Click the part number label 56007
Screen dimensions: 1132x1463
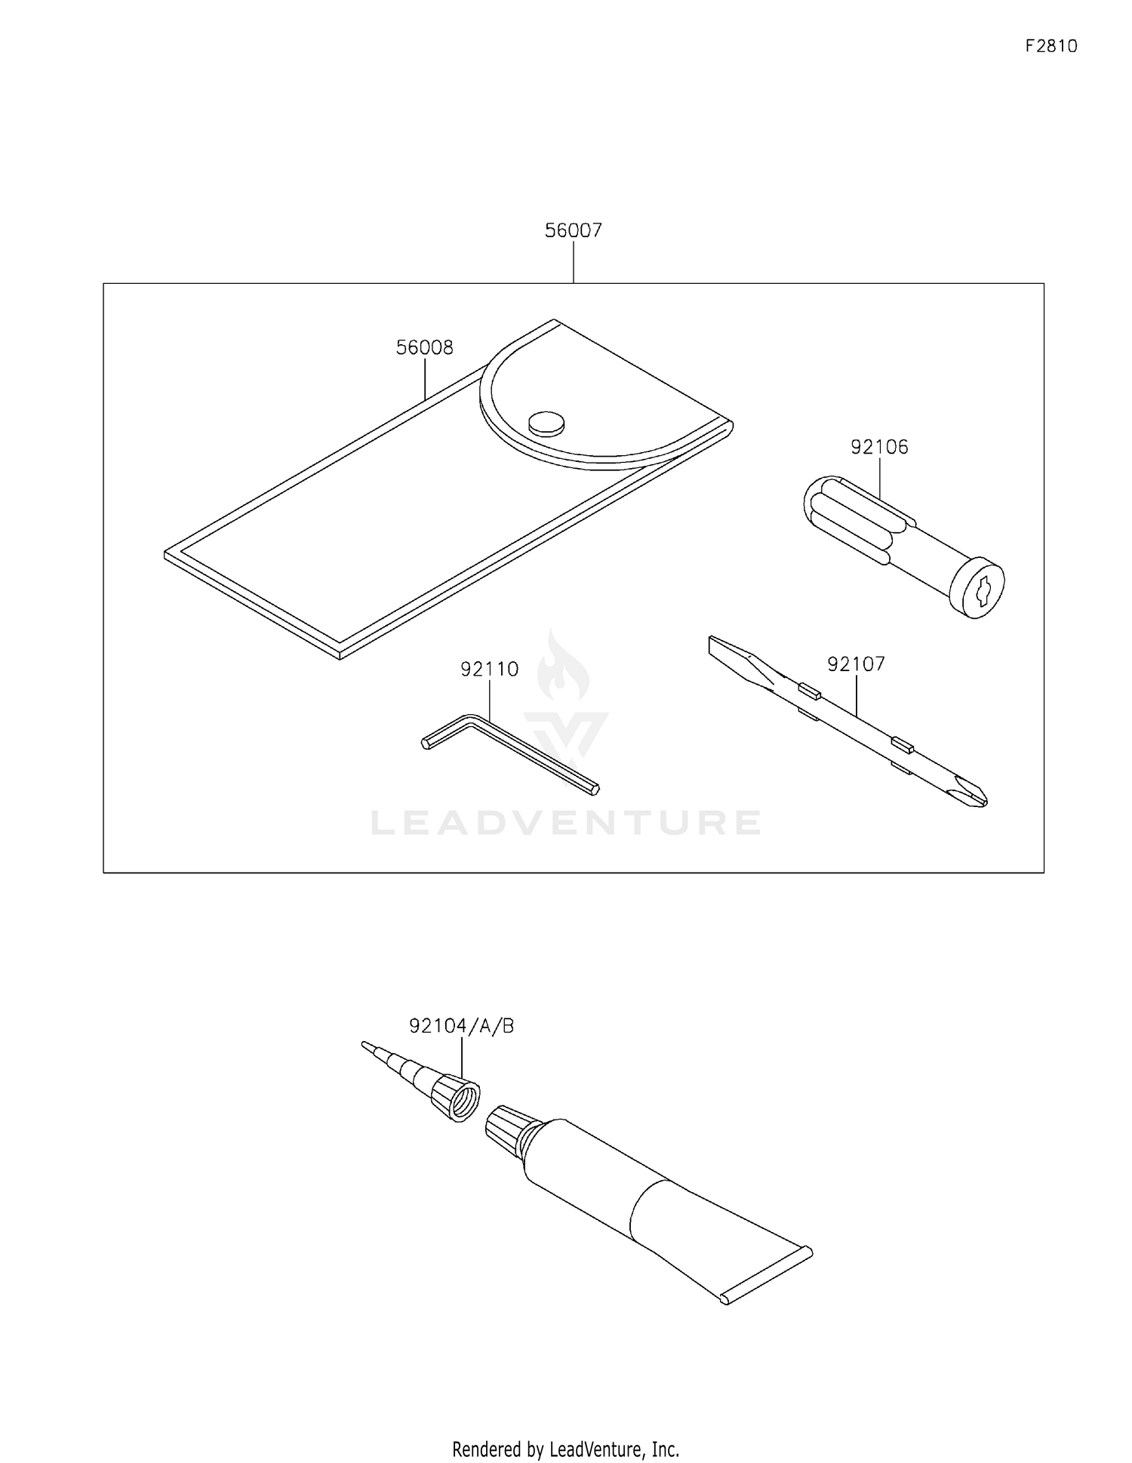click(x=574, y=229)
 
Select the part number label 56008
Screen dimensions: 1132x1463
click(x=425, y=347)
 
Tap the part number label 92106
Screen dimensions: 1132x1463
click(x=879, y=447)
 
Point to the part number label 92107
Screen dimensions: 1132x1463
click(x=856, y=664)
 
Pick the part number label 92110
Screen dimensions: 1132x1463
click(x=490, y=669)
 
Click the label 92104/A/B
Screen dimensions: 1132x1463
click(x=462, y=1026)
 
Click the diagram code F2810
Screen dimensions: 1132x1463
click(x=1051, y=46)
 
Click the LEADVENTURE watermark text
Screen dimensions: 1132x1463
click(x=566, y=823)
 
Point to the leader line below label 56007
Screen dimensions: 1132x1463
click(x=574, y=262)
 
